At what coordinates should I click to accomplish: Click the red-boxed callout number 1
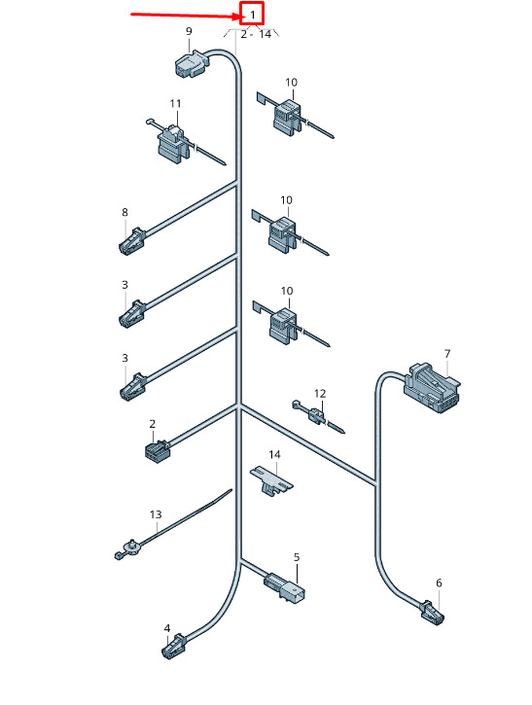pos(253,15)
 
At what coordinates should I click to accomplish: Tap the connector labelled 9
pos(192,64)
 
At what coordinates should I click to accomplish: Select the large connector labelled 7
pos(432,388)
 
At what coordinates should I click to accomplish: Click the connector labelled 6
pos(432,612)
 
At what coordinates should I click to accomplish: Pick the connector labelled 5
pos(284,586)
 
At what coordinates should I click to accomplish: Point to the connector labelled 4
pos(174,647)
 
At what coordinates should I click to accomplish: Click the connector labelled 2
pos(157,448)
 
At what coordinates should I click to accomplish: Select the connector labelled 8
pos(131,241)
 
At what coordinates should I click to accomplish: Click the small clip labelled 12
pos(317,415)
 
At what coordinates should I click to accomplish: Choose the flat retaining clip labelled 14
pos(271,479)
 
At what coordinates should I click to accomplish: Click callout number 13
pos(156,514)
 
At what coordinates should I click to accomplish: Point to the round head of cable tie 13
pos(132,545)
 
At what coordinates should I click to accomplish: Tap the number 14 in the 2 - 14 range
pos(266,34)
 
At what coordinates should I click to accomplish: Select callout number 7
pos(447,354)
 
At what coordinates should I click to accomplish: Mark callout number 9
pos(189,31)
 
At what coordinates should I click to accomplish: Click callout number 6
pos(439,583)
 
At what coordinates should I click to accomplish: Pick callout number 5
pos(297,557)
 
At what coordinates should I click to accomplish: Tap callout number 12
pos(320,394)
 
